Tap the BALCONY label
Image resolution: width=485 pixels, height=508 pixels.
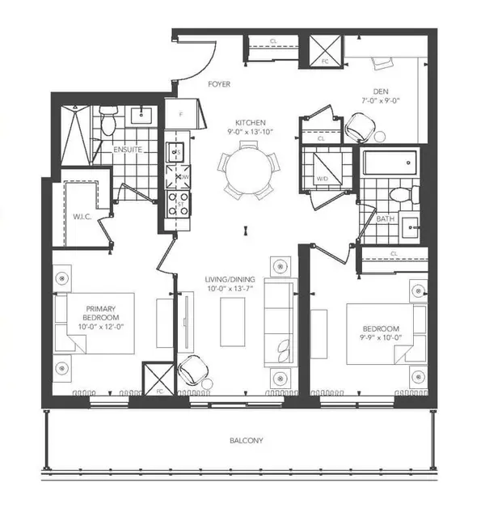(245, 441)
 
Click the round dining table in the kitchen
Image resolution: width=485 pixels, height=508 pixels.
(247, 171)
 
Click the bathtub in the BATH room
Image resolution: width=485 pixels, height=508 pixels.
(390, 163)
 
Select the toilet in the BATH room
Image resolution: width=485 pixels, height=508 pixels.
(398, 195)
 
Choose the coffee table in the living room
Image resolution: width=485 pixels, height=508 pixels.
(234, 315)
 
